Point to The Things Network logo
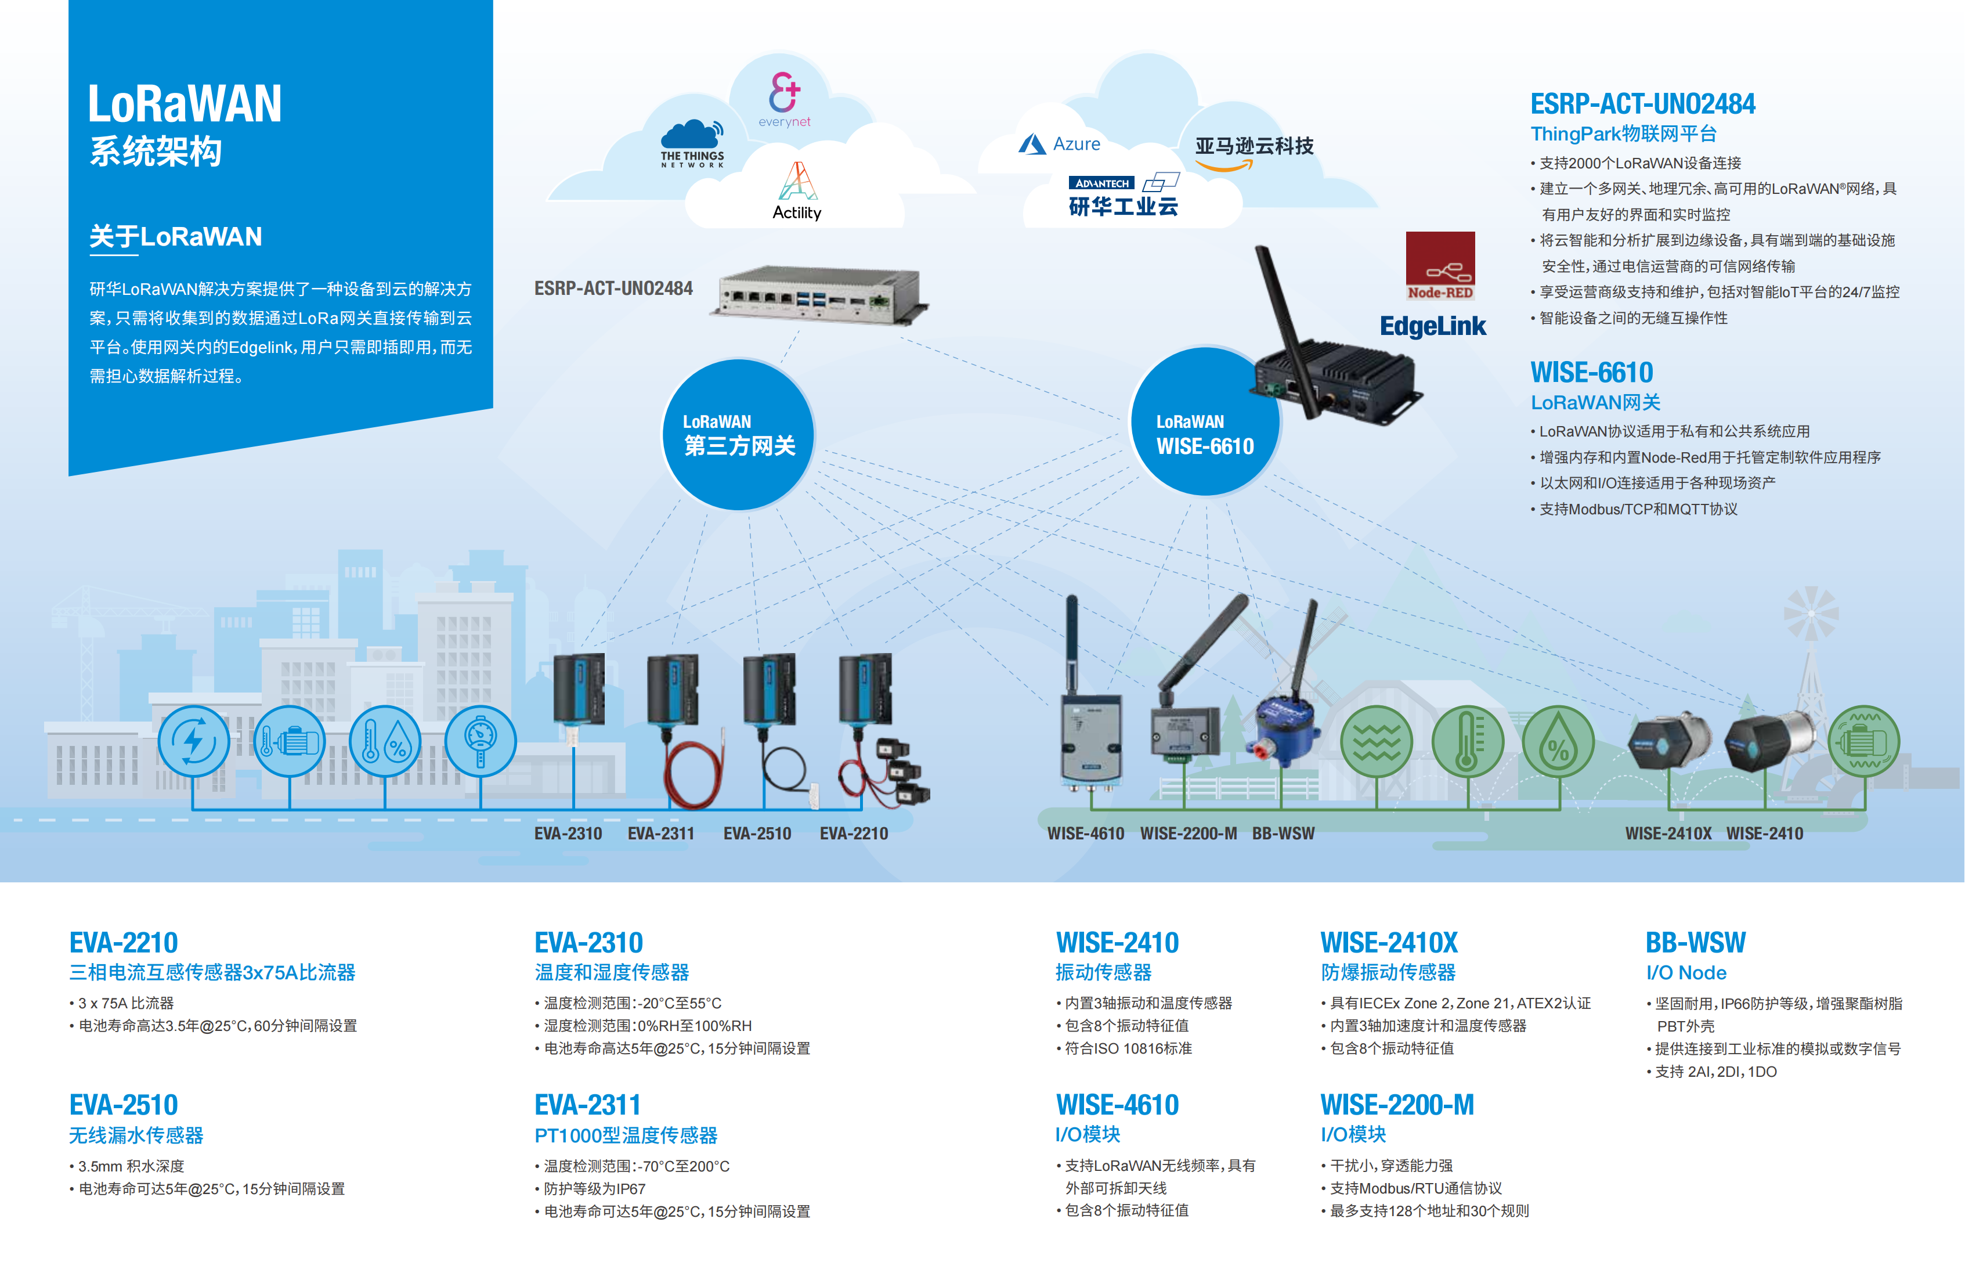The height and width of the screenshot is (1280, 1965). tap(692, 145)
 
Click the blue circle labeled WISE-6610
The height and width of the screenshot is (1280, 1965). tap(1205, 421)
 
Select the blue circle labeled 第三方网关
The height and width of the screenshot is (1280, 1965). tap(738, 434)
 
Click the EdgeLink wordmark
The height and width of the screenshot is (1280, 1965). tap(1432, 326)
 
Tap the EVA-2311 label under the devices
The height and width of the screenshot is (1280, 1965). tap(660, 833)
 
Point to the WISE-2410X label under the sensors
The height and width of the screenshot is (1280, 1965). tap(1668, 833)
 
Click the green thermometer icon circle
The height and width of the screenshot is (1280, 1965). tap(1467, 741)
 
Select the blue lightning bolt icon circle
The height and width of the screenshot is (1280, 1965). tap(194, 741)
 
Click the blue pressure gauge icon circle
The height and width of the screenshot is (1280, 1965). tap(481, 741)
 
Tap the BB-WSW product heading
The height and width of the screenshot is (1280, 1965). tap(1695, 942)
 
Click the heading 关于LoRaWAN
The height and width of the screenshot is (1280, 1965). tap(175, 237)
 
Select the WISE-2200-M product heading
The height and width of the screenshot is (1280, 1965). tap(1397, 1105)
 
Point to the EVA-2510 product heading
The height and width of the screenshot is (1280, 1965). tap(124, 1105)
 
